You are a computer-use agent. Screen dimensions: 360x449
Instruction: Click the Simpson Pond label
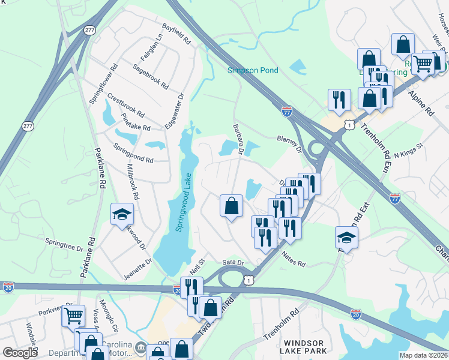[x=253, y=70]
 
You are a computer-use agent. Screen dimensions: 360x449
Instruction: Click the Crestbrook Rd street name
[x=125, y=105]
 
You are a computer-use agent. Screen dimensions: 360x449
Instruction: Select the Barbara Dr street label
[x=238, y=139]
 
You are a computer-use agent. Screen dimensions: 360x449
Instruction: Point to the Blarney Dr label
[x=288, y=143]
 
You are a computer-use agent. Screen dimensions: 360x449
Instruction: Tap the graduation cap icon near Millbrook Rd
[x=122, y=214]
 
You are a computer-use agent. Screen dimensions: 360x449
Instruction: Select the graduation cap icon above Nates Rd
[x=346, y=236]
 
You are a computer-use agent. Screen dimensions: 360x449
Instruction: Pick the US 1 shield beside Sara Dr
[x=248, y=280]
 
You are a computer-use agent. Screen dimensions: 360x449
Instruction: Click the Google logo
[x=20, y=353]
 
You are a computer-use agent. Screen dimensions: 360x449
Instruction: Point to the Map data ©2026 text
[x=423, y=355]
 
